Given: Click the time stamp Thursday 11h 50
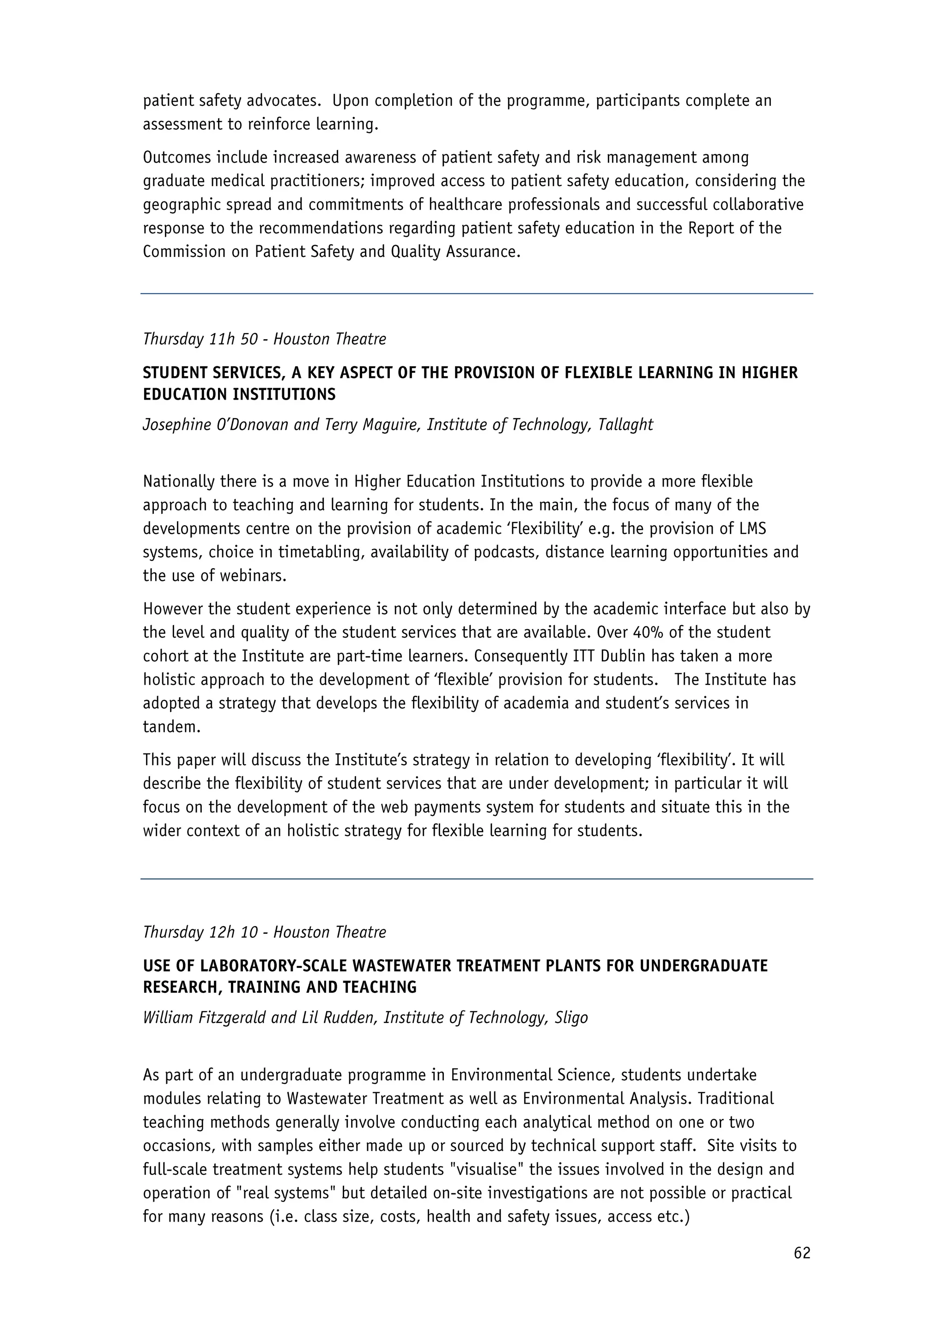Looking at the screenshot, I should [200, 339].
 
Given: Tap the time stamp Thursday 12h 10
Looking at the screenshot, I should [200, 932].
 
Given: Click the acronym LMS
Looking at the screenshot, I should [751, 529].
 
